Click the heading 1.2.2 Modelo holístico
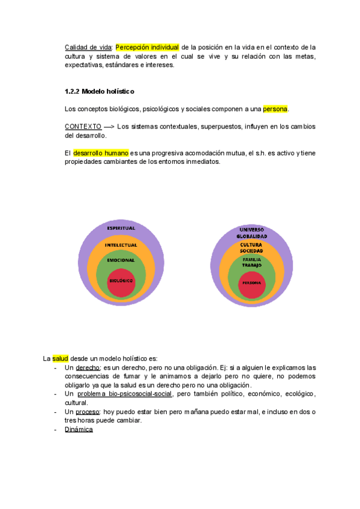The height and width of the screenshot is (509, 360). tap(100, 92)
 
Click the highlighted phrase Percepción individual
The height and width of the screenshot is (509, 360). tap(147, 47)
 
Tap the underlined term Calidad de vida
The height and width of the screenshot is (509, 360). tap(88, 47)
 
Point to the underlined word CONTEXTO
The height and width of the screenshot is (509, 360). tap(83, 127)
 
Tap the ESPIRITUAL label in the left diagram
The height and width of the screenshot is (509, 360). tap(121, 228)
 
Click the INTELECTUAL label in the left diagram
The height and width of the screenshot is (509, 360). tap(121, 245)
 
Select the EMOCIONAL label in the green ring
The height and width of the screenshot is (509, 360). tap(121, 260)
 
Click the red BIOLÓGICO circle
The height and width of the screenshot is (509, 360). tap(121, 281)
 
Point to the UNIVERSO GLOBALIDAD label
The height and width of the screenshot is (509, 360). tap(251, 233)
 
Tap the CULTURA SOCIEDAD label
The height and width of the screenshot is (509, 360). tap(251, 247)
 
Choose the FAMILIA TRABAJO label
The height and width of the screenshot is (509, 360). tap(251, 262)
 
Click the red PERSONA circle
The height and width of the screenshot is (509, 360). tap(251, 283)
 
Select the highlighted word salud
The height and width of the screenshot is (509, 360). tap(61, 358)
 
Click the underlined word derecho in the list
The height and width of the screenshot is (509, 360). tap(88, 367)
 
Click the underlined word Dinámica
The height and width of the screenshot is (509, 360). tap(79, 429)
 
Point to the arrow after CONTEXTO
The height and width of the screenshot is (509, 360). tap(109, 127)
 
